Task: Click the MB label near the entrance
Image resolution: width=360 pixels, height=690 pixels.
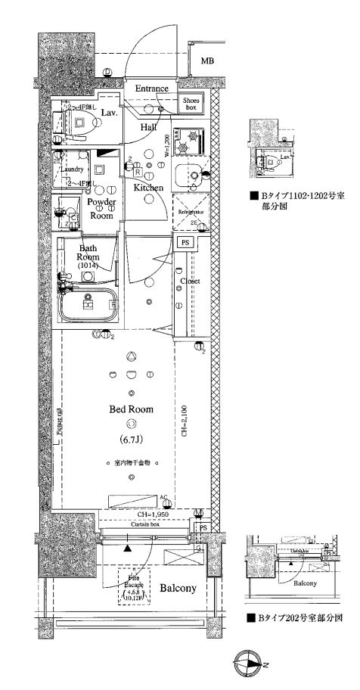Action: point(206,61)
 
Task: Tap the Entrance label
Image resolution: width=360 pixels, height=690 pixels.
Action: point(151,89)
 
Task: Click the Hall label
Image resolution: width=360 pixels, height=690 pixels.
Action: point(148,128)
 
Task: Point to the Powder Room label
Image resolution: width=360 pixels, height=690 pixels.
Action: point(101,208)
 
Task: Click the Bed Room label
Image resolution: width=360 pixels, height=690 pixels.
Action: point(132,409)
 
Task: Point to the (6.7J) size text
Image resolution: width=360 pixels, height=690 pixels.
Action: point(132,438)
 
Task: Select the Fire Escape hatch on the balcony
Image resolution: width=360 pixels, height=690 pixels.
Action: point(135,587)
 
